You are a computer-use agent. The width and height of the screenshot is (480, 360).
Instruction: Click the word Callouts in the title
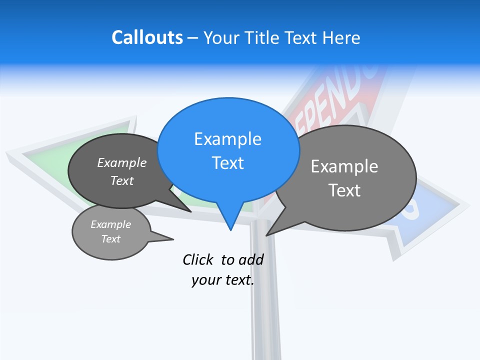(x=147, y=38)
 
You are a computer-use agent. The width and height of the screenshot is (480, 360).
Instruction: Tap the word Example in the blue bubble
(x=227, y=139)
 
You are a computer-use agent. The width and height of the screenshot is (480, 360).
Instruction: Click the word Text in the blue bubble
(x=227, y=163)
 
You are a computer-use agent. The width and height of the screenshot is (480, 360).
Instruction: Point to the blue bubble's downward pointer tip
(x=230, y=229)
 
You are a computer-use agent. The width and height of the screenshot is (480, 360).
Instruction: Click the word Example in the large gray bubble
(x=344, y=166)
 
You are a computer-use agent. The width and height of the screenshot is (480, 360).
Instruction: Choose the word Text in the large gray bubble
(x=344, y=190)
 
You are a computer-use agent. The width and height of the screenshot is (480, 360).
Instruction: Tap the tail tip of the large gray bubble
(x=266, y=235)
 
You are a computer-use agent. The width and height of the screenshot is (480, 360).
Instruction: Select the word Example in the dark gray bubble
(x=122, y=163)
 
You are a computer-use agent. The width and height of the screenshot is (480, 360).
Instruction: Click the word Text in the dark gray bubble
(x=122, y=180)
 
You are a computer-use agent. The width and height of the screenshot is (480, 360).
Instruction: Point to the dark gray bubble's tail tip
(x=191, y=211)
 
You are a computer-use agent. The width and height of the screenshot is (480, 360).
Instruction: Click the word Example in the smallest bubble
(x=110, y=224)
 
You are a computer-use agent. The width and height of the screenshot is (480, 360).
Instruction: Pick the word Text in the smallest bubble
(x=110, y=239)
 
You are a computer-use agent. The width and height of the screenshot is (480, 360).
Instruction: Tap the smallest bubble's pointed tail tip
(x=173, y=239)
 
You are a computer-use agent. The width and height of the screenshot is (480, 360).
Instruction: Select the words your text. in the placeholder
(x=222, y=280)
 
